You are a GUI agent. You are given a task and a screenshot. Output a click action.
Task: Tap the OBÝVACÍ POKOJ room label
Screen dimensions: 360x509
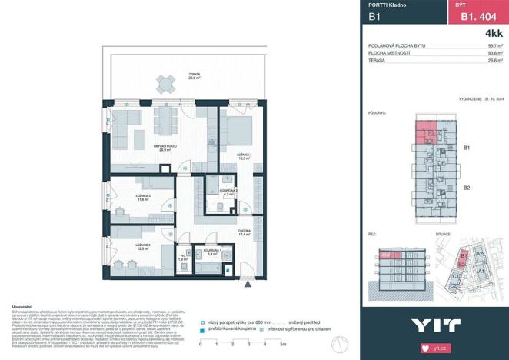164,148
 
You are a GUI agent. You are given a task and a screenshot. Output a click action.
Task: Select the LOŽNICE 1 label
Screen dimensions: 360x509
245,155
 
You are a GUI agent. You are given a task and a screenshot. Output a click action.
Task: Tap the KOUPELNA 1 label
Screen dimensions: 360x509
213,250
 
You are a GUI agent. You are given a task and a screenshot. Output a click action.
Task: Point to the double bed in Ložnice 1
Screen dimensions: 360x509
238,128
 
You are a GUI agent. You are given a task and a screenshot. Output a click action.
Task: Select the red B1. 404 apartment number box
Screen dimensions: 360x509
474,15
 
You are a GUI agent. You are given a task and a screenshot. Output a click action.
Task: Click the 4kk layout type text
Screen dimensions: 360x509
493,34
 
